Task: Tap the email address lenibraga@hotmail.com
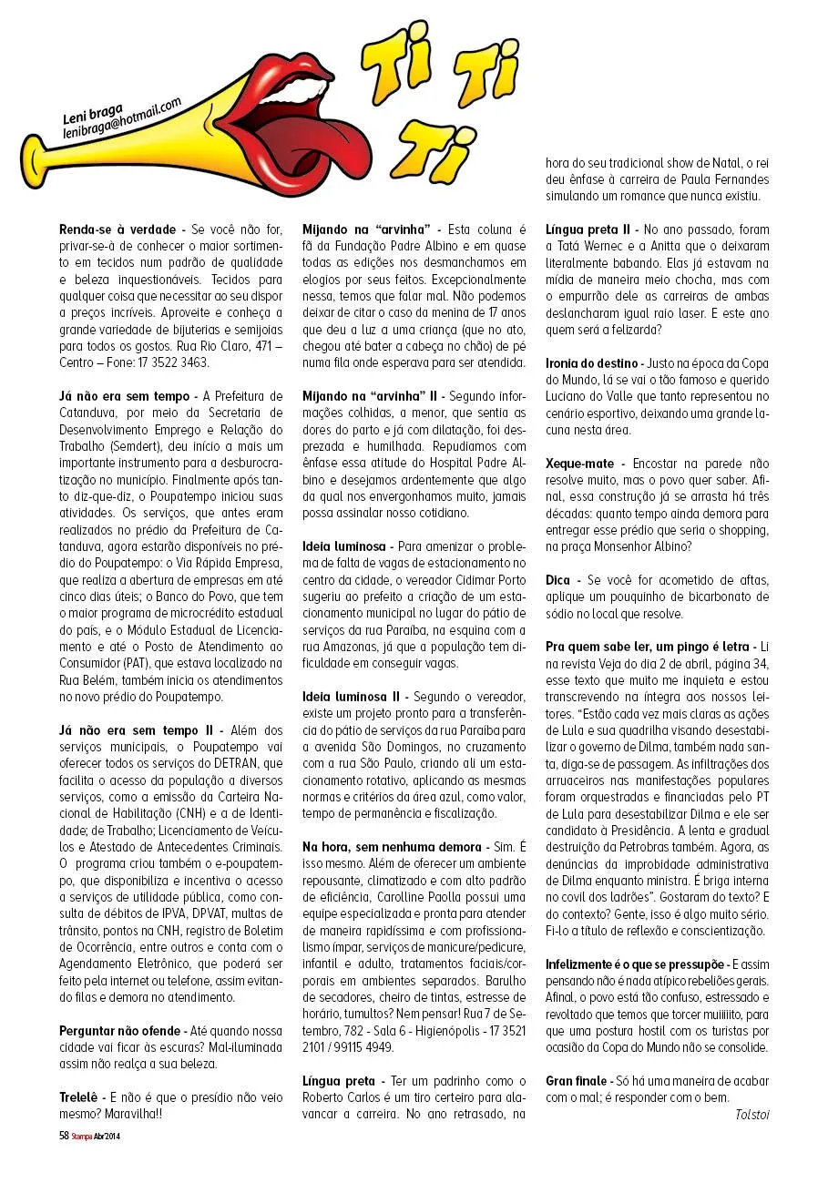122,119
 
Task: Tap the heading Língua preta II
586,230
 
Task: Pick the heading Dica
557,580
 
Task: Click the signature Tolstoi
751,1113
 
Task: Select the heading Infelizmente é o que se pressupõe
635,964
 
